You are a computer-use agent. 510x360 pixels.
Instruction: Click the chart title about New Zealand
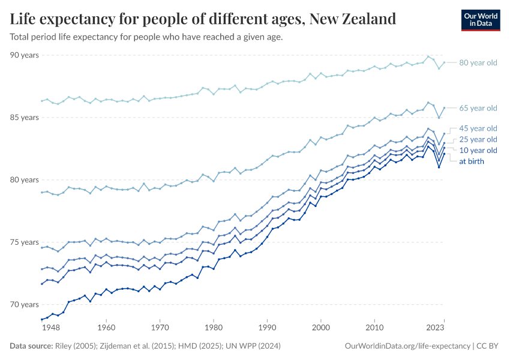[203, 19]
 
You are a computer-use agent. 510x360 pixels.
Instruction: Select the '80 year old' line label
[478, 62]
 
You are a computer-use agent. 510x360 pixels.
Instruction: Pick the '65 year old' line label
[478, 108]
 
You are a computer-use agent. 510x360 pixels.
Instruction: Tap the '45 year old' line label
[478, 128]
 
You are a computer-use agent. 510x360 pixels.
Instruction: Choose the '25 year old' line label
[478, 139]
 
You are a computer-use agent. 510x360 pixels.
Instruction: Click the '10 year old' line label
[478, 150]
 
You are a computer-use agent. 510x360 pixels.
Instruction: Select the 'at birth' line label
[471, 161]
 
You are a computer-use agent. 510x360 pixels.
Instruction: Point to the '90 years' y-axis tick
[25, 55]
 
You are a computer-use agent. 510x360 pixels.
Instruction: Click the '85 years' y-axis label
[25, 118]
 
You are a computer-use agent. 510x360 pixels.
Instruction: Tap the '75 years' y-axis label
[25, 242]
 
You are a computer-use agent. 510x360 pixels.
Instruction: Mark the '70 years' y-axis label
[25, 305]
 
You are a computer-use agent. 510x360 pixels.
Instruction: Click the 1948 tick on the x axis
[50, 328]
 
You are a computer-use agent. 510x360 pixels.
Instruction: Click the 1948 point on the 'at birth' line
[42, 319]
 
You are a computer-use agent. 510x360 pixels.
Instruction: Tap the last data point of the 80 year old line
[444, 62]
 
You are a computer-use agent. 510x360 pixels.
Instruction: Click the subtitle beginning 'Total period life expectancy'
[146, 37]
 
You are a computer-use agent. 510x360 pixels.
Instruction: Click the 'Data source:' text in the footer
[30, 346]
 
